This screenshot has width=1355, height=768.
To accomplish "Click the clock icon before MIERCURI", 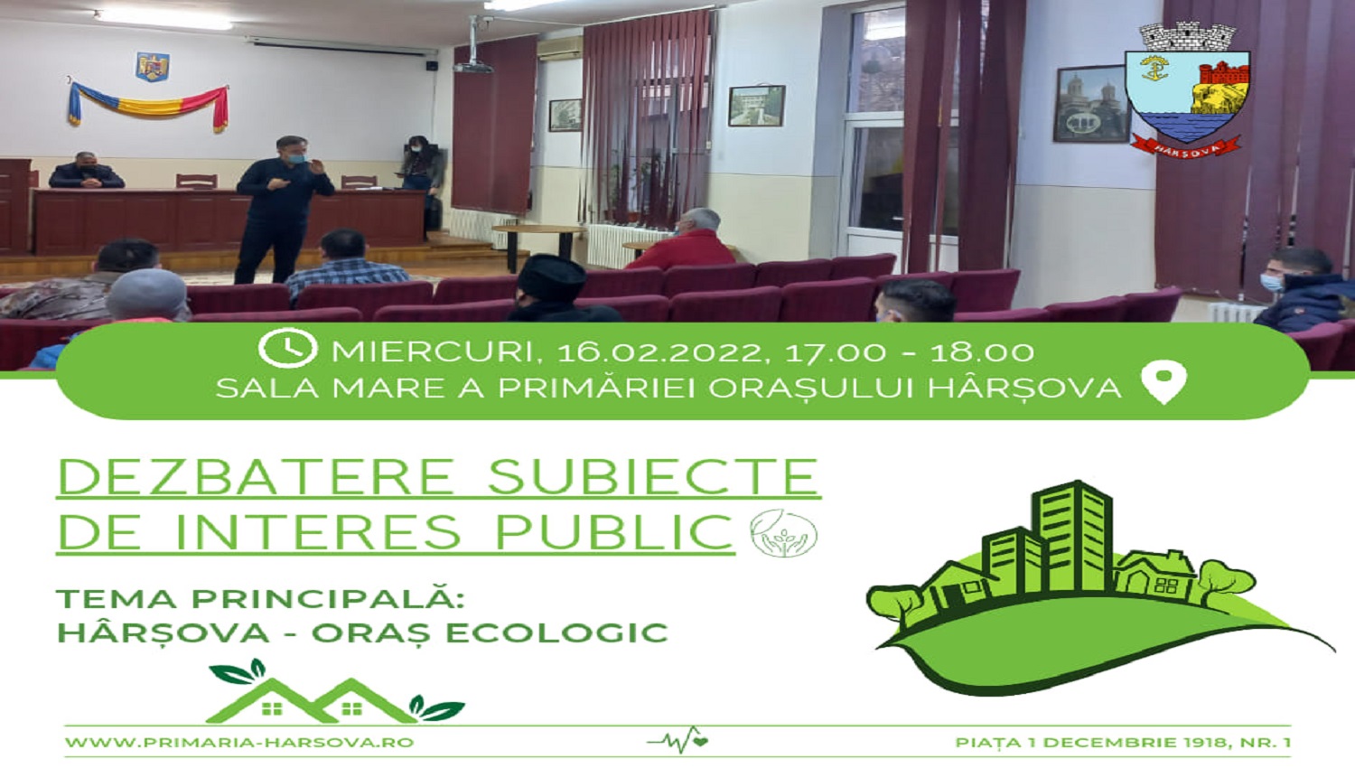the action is coord(288,348).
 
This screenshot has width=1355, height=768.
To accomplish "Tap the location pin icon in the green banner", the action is coord(1163,381).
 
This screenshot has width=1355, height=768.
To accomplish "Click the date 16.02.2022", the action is coord(658,352).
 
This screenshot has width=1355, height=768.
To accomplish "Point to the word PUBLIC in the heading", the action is coord(614,531).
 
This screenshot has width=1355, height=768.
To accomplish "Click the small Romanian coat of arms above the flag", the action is coord(153,65).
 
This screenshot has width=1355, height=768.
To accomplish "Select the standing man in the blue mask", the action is coord(281,210).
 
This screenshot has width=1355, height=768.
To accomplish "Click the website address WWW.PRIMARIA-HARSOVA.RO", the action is coord(239,742).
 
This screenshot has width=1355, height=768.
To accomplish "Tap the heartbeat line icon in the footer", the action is coord(677,740).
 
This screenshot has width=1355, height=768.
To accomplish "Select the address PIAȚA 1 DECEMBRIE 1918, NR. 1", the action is coord(1122,742).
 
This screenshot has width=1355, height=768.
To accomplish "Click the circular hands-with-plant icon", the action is coord(783,533).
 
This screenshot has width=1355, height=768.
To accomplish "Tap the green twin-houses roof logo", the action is coord(334,692).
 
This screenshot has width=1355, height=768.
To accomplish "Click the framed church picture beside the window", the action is coord(1092,104).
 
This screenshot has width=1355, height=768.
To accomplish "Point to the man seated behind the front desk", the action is coord(87,171).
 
